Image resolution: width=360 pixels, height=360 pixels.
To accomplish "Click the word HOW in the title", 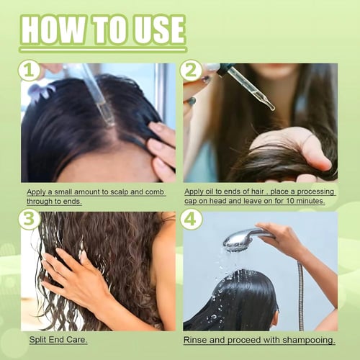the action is tap(53, 30).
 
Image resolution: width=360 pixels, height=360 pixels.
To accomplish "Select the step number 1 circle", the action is tap(29, 70).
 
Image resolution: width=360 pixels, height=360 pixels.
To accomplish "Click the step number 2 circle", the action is tap(191, 70).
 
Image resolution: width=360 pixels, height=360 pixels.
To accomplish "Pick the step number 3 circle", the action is tap(29, 219).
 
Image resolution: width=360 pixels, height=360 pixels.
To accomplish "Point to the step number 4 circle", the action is tap(191, 219).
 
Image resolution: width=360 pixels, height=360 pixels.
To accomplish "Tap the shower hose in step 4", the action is tap(301, 295).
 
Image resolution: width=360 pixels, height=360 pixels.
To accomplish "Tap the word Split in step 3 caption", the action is tap(37, 340).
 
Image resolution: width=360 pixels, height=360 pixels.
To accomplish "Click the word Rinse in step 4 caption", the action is tap(195, 340).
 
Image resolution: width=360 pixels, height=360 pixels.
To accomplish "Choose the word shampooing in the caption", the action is tap(308, 341).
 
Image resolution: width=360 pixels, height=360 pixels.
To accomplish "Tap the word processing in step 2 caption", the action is tap(315, 192).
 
